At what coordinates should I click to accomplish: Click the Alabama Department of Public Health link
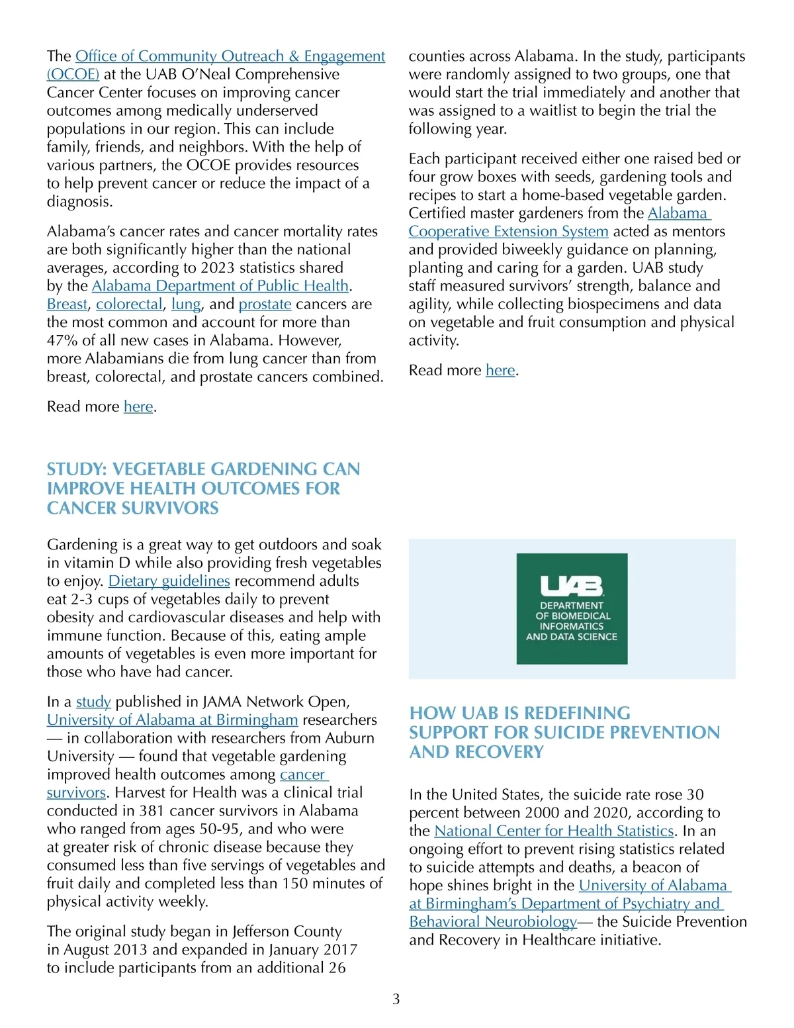pyautogui.click(x=220, y=286)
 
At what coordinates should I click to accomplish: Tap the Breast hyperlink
pyautogui.click(x=67, y=304)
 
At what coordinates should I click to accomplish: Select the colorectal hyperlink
pyautogui.click(x=129, y=304)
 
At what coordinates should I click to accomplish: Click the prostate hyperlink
pyautogui.click(x=265, y=304)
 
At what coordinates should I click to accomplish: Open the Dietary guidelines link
pyautogui.click(x=169, y=581)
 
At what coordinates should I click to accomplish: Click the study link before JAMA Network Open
pyautogui.click(x=93, y=702)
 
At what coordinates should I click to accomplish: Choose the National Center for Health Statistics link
pyautogui.click(x=554, y=831)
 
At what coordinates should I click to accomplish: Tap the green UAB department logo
pyautogui.click(x=572, y=609)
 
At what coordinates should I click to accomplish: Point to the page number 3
pyautogui.click(x=396, y=1000)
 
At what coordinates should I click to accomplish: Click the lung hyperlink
pyautogui.click(x=186, y=304)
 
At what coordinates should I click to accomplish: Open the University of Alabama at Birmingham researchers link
pyautogui.click(x=172, y=720)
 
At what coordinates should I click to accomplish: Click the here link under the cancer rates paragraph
pyautogui.click(x=138, y=407)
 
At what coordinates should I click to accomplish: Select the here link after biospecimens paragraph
pyautogui.click(x=500, y=371)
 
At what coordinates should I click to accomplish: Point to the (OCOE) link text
pyautogui.click(x=73, y=75)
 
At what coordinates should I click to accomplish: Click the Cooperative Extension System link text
pyautogui.click(x=508, y=232)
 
